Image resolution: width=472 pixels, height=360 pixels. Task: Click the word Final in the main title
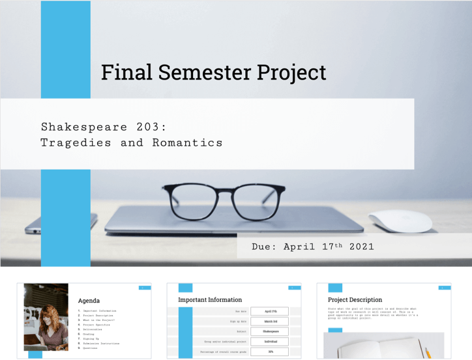click(121, 72)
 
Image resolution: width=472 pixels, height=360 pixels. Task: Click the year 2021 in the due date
click(362, 247)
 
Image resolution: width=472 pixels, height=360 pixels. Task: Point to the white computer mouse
click(400, 221)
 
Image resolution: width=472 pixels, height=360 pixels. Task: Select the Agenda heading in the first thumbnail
click(89, 301)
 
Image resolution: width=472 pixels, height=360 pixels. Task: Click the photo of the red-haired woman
click(46, 318)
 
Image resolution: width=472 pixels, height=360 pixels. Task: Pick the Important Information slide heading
click(210, 300)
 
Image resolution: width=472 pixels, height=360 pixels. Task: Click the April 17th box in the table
click(269, 312)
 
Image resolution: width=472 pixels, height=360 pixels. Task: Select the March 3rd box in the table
click(269, 322)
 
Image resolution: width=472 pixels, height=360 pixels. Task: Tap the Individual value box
click(269, 341)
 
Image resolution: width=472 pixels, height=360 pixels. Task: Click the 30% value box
click(269, 352)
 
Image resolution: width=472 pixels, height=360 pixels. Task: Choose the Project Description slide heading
click(355, 300)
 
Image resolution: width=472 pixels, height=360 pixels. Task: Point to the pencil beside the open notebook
click(428, 352)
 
